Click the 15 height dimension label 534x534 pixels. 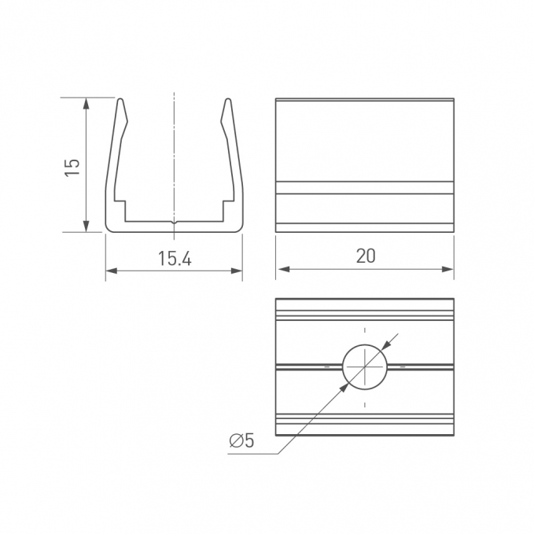pyautogui.click(x=72, y=168)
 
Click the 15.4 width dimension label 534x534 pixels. pyautogui.click(x=175, y=259)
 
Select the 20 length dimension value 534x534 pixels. pyautogui.click(x=366, y=256)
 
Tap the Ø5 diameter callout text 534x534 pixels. pyautogui.click(x=241, y=440)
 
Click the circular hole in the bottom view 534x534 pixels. pyautogui.click(x=365, y=366)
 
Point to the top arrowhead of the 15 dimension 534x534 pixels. pyautogui.click(x=87, y=104)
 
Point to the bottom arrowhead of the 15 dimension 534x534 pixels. pyautogui.click(x=87, y=226)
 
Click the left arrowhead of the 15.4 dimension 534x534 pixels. pyautogui.click(x=112, y=271)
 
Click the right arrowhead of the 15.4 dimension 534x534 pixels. pyautogui.click(x=237, y=271)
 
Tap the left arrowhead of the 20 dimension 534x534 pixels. pyautogui.click(x=284, y=269)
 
